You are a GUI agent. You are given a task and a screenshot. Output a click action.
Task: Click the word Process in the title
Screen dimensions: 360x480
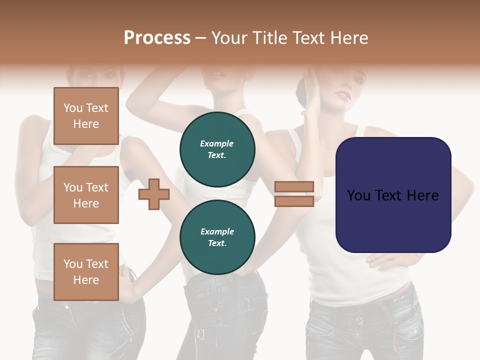pyautogui.click(x=157, y=37)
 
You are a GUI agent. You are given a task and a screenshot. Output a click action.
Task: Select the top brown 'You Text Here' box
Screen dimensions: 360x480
pyautogui.click(x=86, y=116)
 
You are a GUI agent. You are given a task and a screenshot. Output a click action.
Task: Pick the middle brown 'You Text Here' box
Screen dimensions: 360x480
pyautogui.click(x=86, y=195)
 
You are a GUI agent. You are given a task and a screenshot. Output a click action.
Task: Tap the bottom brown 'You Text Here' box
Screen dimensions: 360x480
pyautogui.click(x=86, y=272)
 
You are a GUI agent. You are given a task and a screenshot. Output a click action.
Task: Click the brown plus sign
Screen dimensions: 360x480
pyautogui.click(x=153, y=194)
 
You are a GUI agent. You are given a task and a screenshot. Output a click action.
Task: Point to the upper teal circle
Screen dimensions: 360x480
pyautogui.click(x=217, y=149)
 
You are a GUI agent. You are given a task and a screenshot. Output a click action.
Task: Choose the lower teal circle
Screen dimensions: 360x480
pyautogui.click(x=217, y=237)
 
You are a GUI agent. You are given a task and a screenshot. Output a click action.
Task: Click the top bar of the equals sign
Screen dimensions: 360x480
pyautogui.click(x=294, y=186)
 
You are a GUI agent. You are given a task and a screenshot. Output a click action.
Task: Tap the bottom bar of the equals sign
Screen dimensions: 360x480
pyautogui.click(x=294, y=201)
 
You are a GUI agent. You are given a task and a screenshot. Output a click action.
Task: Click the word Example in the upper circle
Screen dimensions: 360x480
pyautogui.click(x=216, y=143)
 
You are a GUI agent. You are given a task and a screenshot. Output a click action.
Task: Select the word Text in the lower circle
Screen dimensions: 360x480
pyautogui.click(x=217, y=243)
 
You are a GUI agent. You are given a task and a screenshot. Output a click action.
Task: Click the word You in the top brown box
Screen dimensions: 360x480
pyautogui.click(x=73, y=108)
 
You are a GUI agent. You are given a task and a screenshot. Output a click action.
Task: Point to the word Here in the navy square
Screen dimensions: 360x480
pyautogui.click(x=422, y=195)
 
